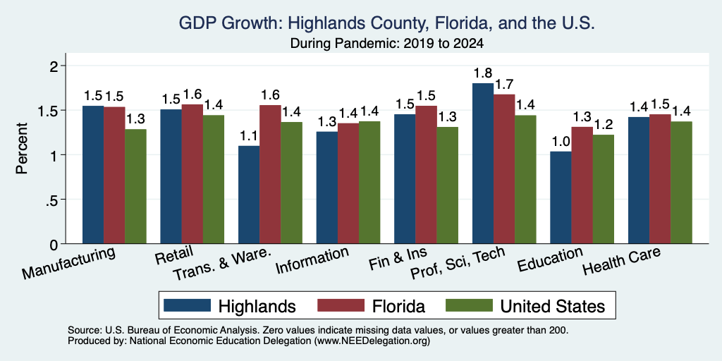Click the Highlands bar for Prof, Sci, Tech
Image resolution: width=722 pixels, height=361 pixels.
(x=484, y=164)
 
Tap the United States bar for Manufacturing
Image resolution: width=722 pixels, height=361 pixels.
(x=136, y=186)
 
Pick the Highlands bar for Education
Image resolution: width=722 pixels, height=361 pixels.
(x=561, y=197)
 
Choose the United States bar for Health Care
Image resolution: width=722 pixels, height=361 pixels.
(x=682, y=183)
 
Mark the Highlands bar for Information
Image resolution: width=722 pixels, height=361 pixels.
(x=327, y=188)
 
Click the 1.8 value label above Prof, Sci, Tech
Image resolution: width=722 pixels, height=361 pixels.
(x=484, y=73)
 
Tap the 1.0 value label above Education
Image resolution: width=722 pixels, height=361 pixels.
(x=561, y=141)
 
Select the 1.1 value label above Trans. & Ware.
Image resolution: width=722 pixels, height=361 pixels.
(x=249, y=136)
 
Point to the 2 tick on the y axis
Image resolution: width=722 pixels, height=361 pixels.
(x=56, y=66)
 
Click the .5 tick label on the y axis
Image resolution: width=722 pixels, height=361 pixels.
(x=54, y=200)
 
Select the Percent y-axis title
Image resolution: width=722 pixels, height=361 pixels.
(x=22, y=148)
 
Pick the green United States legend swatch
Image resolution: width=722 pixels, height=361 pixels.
(x=469, y=305)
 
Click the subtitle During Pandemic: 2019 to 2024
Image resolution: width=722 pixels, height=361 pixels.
(x=386, y=44)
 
